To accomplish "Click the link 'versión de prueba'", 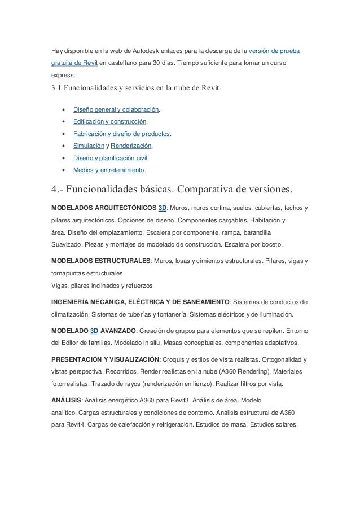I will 274,52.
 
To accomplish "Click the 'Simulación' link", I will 90,146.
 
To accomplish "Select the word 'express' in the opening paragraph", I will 59,77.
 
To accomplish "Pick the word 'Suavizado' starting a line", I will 65,244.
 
